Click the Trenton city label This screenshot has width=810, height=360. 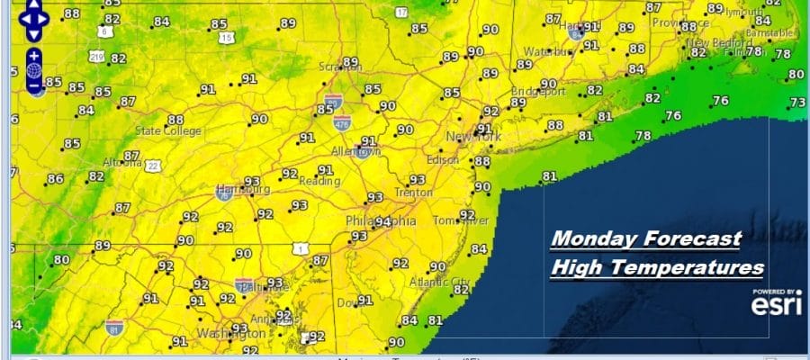[x=414, y=193]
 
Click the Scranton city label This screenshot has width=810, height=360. [x=339, y=67]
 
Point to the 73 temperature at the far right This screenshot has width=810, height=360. [x=797, y=103]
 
